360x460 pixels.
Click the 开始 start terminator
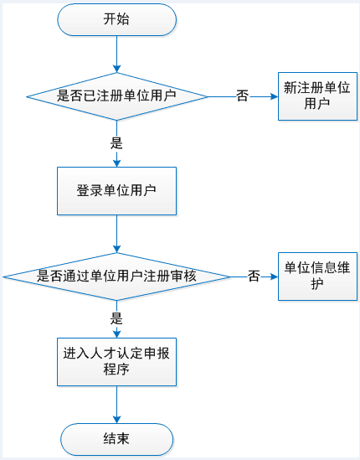point(116,19)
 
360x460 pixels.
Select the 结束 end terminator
point(116,439)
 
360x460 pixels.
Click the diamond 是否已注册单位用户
point(117,96)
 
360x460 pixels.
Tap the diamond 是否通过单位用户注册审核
point(116,277)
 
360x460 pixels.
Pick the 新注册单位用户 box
point(317,96)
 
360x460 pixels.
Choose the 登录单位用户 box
point(116,191)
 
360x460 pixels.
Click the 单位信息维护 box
point(317,277)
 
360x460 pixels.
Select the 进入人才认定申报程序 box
point(116,362)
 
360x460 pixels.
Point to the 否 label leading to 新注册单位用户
point(243,96)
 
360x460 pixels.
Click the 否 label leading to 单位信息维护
point(254,276)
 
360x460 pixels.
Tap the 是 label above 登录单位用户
point(116,143)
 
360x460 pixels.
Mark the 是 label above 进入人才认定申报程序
point(116,318)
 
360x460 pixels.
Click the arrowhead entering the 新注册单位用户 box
point(275,96)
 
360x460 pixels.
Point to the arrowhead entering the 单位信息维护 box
point(275,277)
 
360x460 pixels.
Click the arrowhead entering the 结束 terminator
point(116,420)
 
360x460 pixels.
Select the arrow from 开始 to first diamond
point(116,54)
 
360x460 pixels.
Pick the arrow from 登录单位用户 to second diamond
point(116,234)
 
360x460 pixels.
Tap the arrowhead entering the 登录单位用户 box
point(116,163)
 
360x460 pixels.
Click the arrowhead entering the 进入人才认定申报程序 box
point(116,334)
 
